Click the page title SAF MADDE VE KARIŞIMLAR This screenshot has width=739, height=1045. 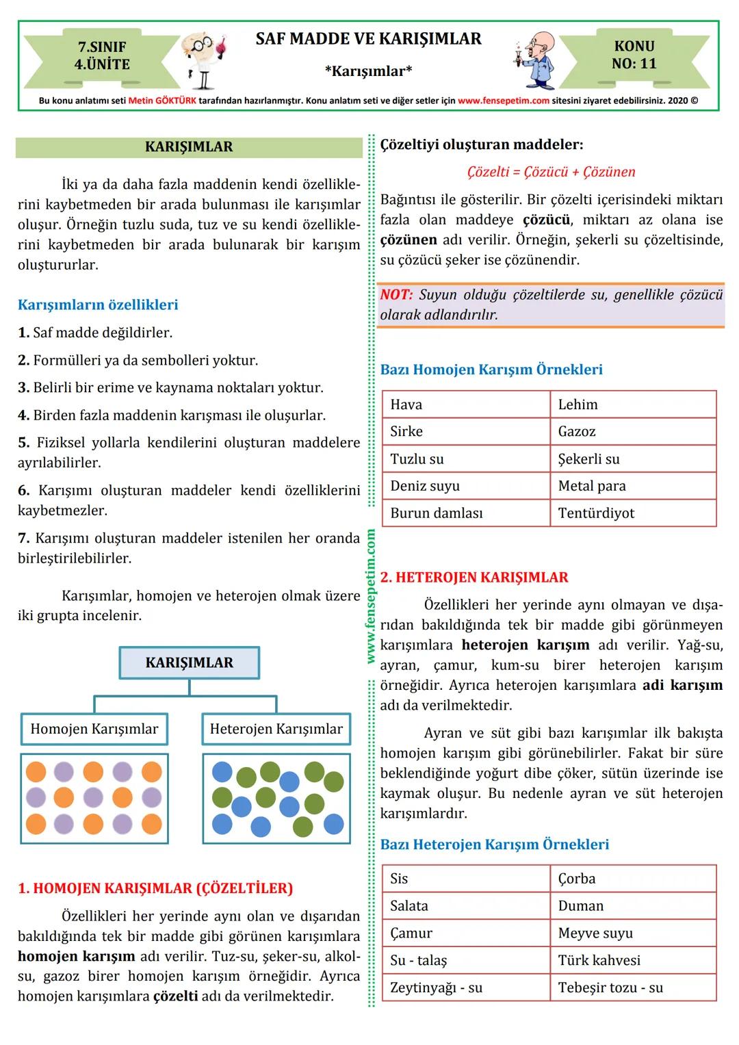tap(368, 39)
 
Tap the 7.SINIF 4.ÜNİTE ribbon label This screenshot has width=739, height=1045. tap(102, 55)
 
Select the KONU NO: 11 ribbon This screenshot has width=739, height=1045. tap(634, 55)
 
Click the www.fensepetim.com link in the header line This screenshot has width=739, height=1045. tap(503, 100)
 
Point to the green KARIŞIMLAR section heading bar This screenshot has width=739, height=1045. tap(189, 147)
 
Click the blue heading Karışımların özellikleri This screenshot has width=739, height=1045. tap(98, 305)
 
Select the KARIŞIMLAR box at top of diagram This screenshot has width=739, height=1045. tap(190, 662)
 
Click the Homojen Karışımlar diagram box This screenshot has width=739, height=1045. tap(94, 729)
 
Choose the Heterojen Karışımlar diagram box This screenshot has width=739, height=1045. tap(276, 729)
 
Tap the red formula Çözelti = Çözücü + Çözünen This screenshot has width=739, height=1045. tap(551, 172)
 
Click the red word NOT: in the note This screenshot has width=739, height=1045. tap(397, 295)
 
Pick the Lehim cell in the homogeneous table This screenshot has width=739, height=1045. tap(632, 404)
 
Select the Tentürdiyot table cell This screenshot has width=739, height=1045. tap(632, 513)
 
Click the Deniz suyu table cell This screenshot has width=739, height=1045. tap(465, 486)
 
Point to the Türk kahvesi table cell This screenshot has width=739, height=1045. tap(632, 960)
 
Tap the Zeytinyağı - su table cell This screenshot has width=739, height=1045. tap(465, 988)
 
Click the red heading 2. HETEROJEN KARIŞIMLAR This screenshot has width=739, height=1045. tap(474, 577)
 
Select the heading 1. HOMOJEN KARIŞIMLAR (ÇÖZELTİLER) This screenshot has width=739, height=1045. tap(155, 888)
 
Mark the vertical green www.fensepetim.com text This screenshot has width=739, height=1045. tap(371, 595)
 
